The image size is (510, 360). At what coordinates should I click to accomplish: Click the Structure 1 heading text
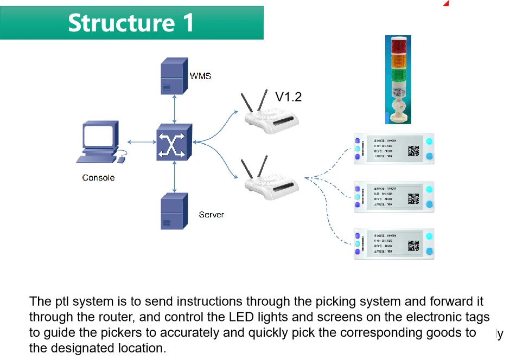131,23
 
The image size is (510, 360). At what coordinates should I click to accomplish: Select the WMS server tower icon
174,76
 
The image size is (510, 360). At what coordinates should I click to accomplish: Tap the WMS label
200,76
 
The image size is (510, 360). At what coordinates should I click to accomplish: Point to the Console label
98,177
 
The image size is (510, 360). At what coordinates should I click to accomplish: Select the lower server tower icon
174,212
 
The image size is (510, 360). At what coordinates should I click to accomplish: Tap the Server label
211,215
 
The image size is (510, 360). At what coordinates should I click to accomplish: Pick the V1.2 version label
288,97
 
